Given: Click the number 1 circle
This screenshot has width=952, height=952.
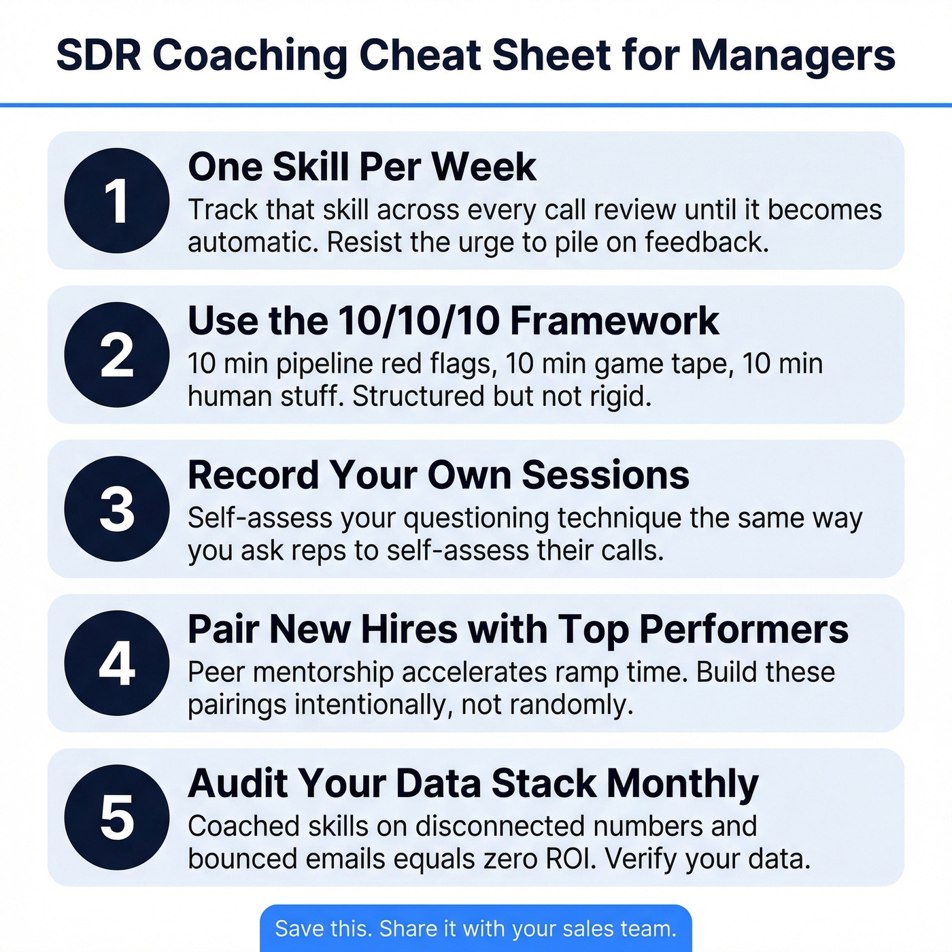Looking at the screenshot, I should coord(116,201).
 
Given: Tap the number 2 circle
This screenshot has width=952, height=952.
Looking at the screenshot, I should coord(116,355).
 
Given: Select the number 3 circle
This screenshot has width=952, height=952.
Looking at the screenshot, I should coord(116,509).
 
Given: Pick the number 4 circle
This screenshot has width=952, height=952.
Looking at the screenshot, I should coord(116,663).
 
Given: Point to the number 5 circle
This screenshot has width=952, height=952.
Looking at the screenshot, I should coord(116,817).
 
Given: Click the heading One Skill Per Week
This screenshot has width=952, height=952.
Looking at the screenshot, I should coord(362,167).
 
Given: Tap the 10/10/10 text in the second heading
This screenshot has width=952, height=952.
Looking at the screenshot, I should coord(419,321).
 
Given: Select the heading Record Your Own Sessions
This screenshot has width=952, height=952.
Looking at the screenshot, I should coord(438,475).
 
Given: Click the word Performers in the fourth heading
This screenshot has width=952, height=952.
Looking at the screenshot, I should coord(744,630).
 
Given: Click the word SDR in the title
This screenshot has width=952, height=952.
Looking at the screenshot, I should coord(99,55).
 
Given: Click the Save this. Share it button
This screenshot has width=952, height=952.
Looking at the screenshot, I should coord(475,928).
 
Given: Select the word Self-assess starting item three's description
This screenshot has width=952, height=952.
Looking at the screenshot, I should coord(260,518).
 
